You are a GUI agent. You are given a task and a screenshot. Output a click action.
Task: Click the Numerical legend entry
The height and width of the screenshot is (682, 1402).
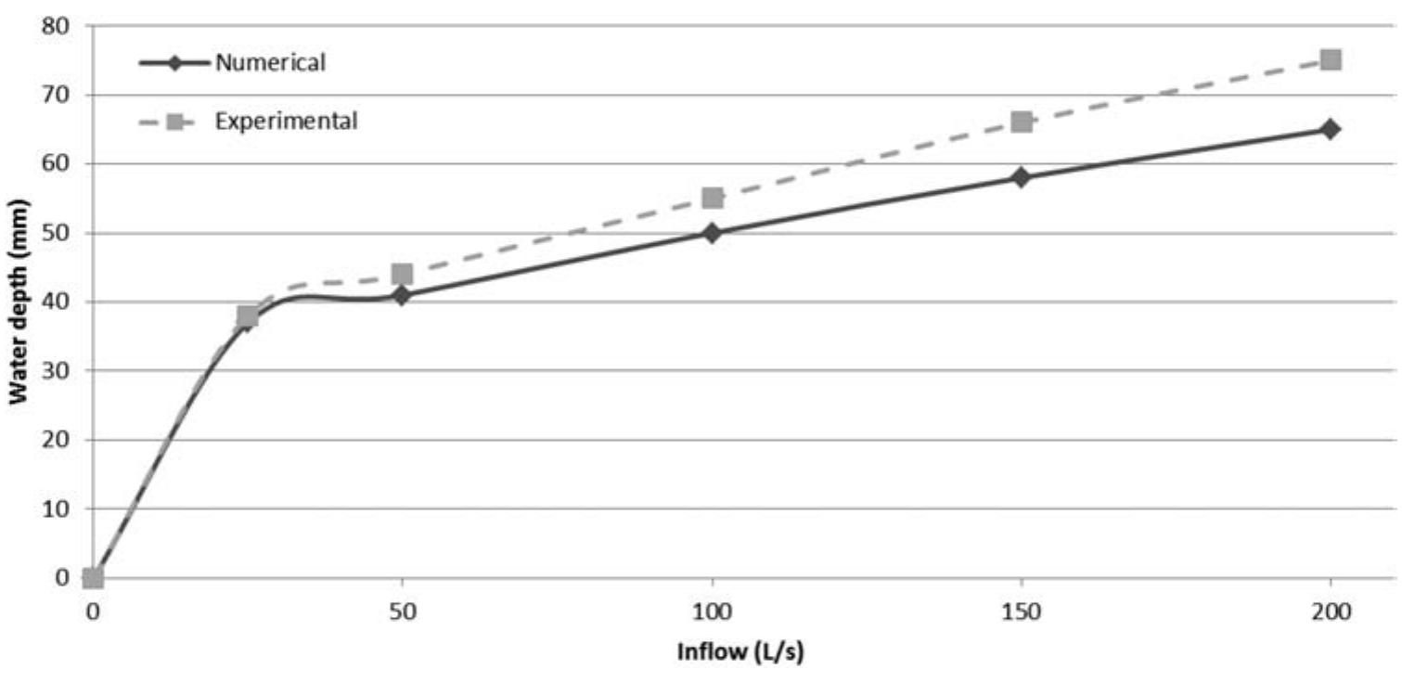[269, 63]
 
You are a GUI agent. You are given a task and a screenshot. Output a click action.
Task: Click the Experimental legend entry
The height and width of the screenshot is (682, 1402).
[286, 121]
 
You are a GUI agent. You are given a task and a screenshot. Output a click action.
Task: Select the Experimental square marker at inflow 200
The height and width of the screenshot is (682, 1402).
[1331, 60]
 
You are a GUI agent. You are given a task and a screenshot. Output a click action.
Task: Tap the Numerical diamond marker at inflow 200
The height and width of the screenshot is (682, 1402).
[1331, 129]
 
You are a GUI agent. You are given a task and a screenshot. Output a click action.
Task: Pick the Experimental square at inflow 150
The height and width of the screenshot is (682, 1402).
[1022, 122]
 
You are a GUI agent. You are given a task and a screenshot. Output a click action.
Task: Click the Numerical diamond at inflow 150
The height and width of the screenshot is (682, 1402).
[1022, 177]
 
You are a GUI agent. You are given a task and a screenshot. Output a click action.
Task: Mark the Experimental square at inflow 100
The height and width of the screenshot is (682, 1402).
[712, 198]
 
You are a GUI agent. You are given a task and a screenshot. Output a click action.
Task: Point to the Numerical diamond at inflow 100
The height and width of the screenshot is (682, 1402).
[712, 233]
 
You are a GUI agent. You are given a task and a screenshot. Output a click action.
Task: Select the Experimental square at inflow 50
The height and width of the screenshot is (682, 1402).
[402, 274]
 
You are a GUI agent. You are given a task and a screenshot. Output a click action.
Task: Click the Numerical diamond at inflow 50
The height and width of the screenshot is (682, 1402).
[402, 296]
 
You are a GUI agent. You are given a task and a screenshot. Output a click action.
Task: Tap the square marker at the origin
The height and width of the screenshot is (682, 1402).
[93, 578]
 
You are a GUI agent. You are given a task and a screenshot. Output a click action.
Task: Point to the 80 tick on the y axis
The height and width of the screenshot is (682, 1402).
[57, 26]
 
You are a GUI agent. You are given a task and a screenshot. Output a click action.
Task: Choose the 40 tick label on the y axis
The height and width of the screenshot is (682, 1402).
[57, 302]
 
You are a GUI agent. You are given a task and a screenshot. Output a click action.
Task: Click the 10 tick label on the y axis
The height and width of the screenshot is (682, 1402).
[57, 508]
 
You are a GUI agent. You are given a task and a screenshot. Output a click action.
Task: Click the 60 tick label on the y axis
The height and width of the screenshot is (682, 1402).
[57, 164]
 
